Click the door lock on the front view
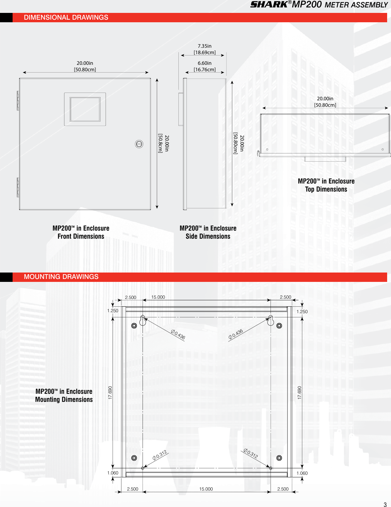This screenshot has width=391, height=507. click(x=139, y=144)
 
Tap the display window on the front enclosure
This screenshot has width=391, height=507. click(x=85, y=109)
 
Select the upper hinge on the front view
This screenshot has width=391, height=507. click(x=18, y=101)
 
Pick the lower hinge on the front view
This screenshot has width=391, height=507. click(x=18, y=187)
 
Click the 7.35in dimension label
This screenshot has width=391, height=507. click(x=205, y=46)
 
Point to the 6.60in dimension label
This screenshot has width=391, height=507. click(x=205, y=63)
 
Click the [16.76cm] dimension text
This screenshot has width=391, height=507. click(x=205, y=70)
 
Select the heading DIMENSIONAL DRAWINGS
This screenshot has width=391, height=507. click(x=66, y=17)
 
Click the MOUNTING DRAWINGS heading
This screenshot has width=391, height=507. click(x=61, y=277)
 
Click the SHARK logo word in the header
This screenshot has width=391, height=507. click(x=269, y=5)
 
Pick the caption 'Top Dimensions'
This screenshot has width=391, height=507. click(x=326, y=189)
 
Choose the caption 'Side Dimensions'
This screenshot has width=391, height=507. click(x=208, y=236)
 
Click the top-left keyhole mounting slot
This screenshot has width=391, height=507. click(x=143, y=320)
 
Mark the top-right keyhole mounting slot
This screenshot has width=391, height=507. click(x=271, y=320)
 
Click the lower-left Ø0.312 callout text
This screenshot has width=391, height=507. click(x=160, y=455)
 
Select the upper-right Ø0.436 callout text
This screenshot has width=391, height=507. click(x=236, y=334)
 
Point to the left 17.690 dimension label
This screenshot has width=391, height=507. click(x=110, y=393)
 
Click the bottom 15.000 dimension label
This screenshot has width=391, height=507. click(x=206, y=489)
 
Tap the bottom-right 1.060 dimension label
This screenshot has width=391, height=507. click(x=302, y=473)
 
